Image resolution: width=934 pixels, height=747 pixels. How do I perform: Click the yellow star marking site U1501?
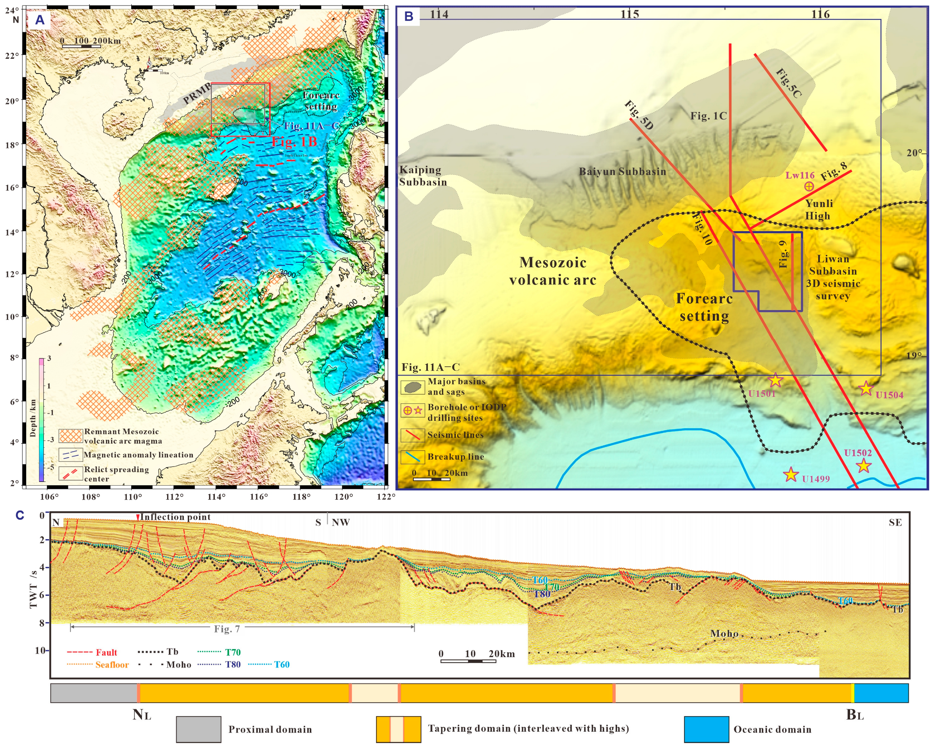776,380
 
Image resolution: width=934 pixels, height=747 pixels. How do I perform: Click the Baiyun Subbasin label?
622,171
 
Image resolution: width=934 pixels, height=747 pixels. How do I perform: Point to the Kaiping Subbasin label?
422,176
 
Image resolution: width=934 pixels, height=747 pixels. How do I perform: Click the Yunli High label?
818,210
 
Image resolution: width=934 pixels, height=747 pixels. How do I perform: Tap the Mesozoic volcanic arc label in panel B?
553,271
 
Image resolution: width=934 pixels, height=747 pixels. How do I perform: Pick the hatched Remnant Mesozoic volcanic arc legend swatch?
70,436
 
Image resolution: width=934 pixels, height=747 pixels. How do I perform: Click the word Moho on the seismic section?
724,633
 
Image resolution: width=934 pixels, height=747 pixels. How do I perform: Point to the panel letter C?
19,515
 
